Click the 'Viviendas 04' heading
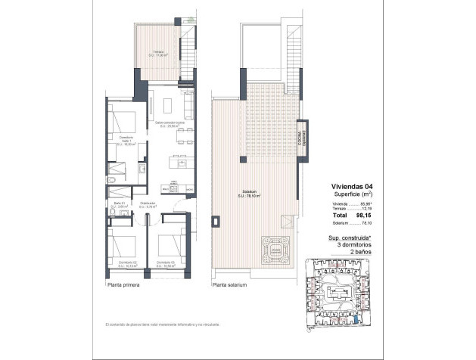352,187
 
